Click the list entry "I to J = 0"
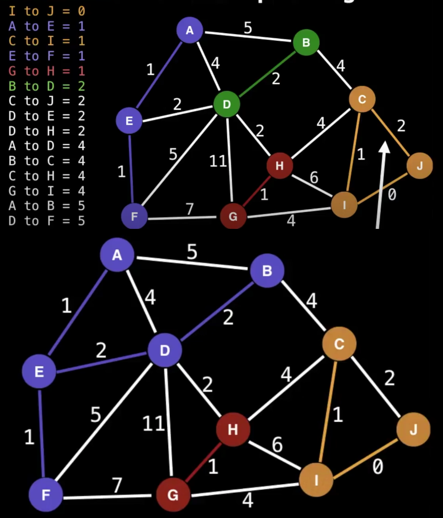(46, 12)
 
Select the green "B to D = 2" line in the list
(46, 86)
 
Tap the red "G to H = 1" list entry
(46, 71)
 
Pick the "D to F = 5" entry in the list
(46, 221)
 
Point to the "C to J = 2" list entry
(46, 101)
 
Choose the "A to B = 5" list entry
(46, 206)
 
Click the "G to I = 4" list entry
(46, 191)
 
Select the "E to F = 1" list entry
(46, 56)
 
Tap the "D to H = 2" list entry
(46, 131)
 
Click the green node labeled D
(227, 104)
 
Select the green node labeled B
(306, 42)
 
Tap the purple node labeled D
(165, 351)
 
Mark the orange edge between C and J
(390, 132)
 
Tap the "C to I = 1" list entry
(46, 41)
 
